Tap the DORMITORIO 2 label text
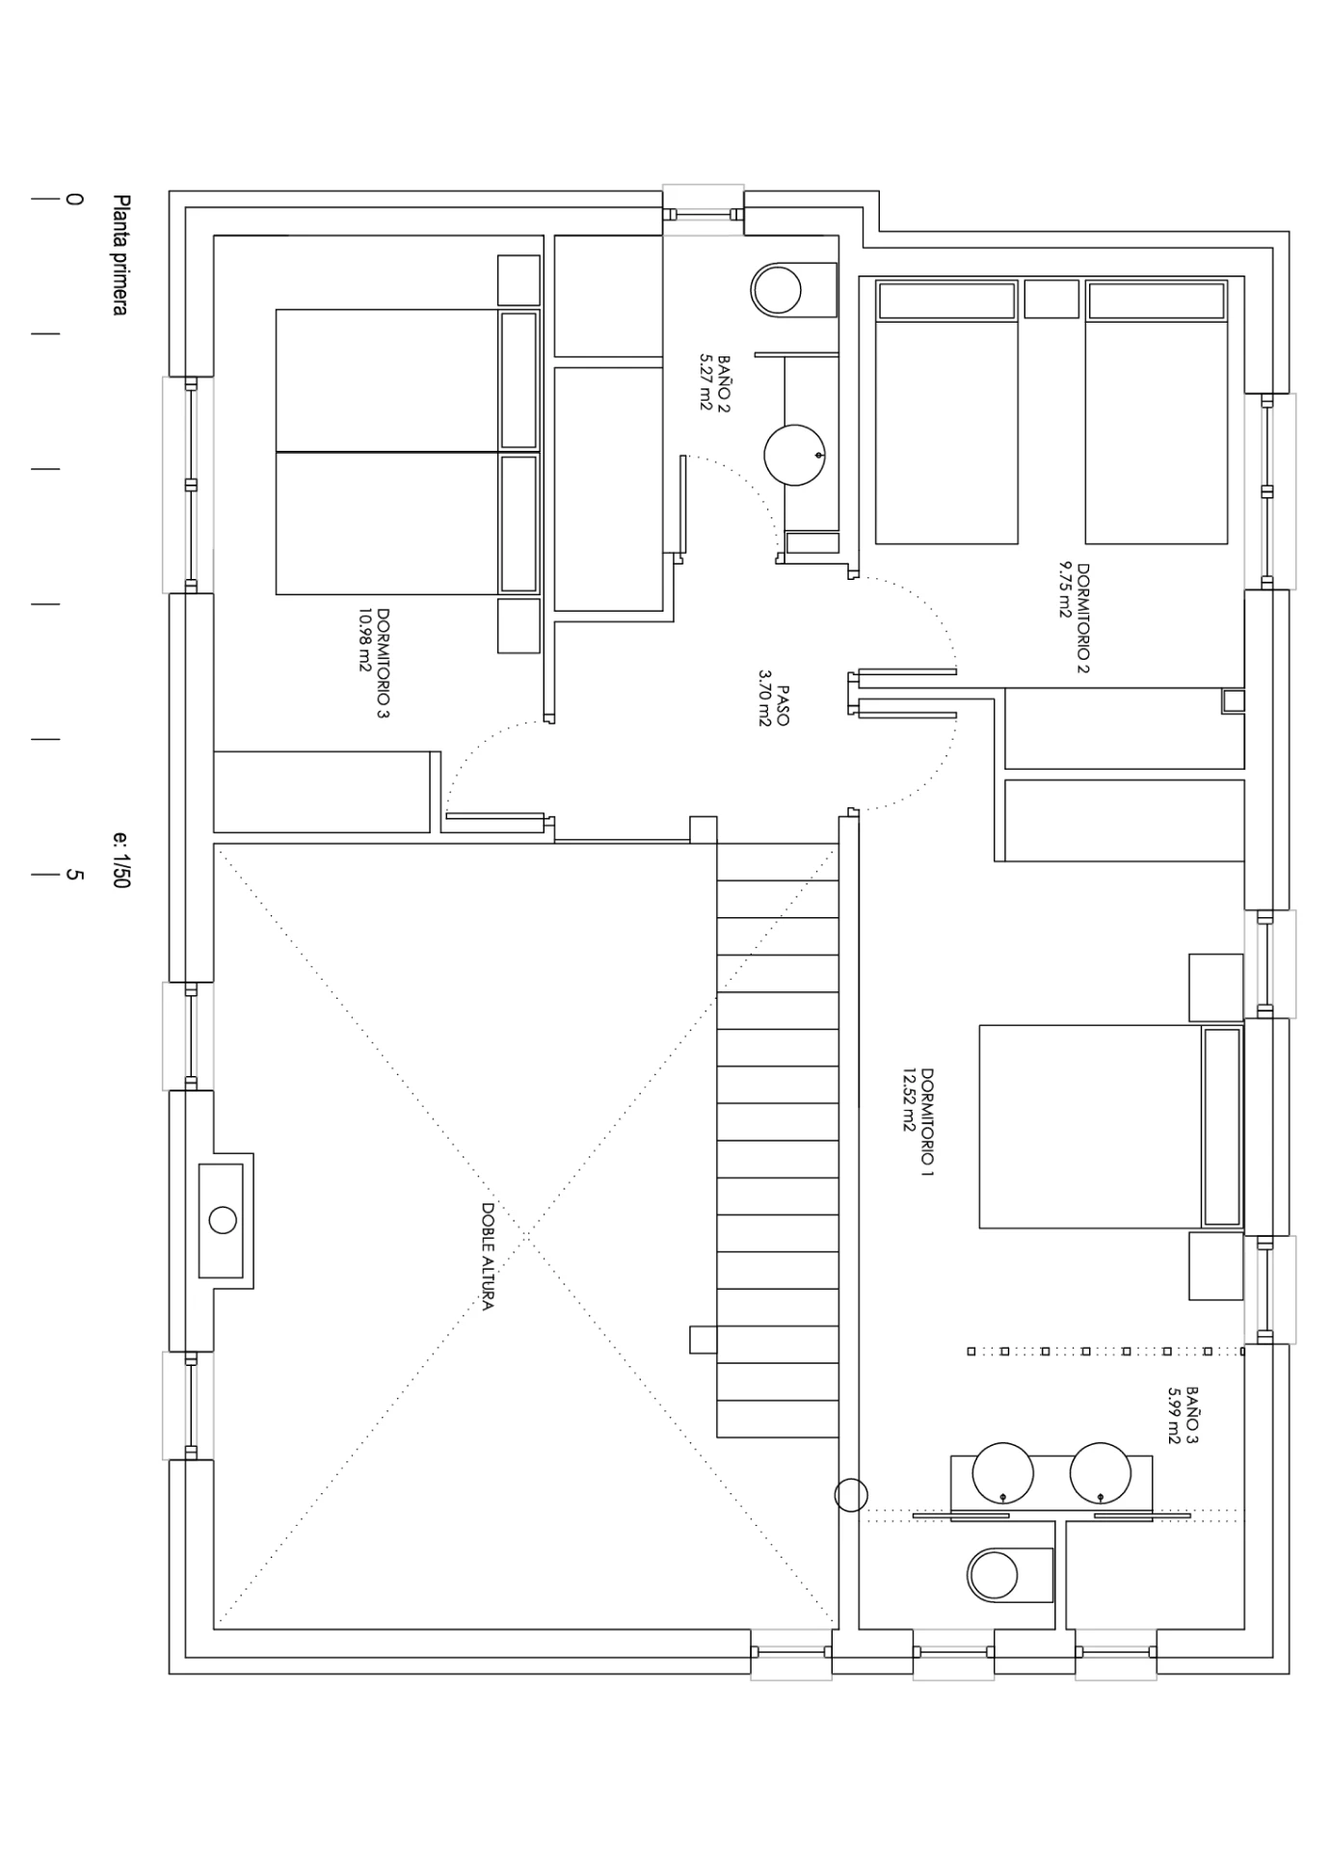pyautogui.click(x=1083, y=618)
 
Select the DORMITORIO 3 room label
pyautogui.click(x=384, y=663)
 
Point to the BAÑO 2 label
pyautogui.click(x=724, y=383)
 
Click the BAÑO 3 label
pyautogui.click(x=1192, y=1416)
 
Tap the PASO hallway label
pyautogui.click(x=782, y=705)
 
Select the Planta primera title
pyautogui.click(x=120, y=254)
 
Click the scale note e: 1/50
pyautogui.click(x=120, y=860)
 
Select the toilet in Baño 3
pyautogui.click(x=1010, y=1575)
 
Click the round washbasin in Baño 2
pyautogui.click(x=794, y=456)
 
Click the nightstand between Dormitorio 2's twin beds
pyautogui.click(x=1051, y=299)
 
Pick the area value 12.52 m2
pyautogui.click(x=908, y=1099)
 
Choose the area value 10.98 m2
pyautogui.click(x=365, y=640)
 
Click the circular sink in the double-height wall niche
pyautogui.click(x=223, y=1221)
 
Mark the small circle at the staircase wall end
pyautogui.click(x=851, y=1495)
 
